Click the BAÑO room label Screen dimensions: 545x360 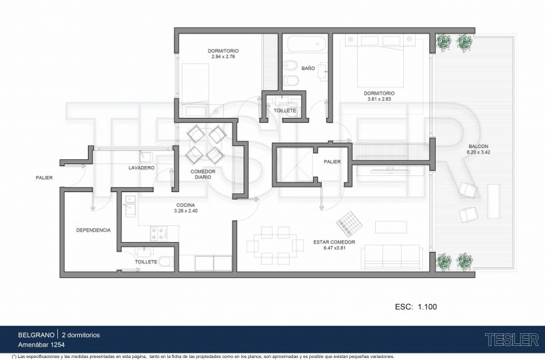308,68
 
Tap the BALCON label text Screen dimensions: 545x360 478,147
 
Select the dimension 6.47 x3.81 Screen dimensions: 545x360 334,248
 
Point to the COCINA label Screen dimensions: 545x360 186,205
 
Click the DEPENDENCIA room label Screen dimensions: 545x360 93,230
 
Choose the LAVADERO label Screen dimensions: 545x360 141,167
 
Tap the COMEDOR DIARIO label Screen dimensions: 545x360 203,174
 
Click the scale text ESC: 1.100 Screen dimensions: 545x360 416,307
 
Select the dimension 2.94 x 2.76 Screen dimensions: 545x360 223,57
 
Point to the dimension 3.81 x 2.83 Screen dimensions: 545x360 379,99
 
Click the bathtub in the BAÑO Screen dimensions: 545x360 307,43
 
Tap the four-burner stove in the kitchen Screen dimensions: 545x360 159,233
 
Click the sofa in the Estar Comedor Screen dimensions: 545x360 392,257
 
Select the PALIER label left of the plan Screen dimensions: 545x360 44,178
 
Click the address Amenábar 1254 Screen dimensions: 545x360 41,345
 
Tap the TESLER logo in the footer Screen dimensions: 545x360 512,340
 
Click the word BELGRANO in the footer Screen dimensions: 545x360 36,335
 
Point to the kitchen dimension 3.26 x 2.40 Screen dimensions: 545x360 186,211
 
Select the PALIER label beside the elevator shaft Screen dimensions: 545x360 332,162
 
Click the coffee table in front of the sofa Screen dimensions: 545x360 391,227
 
